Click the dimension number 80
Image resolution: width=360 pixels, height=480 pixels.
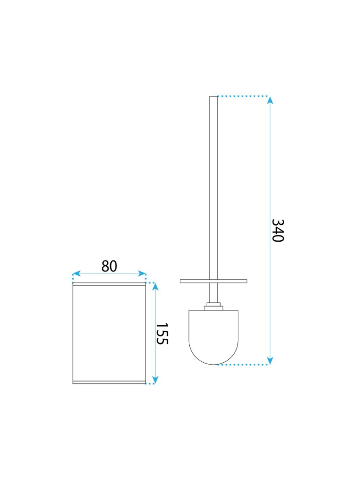coord(109,266)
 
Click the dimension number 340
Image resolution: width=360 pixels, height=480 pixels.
coord(277,231)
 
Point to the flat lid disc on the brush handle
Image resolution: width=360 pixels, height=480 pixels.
coord(213,281)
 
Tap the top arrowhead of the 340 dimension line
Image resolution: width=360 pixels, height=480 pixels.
coord(270,100)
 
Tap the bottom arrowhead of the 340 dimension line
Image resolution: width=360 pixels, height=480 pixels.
coord(270,360)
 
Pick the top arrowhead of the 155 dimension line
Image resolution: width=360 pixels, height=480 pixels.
coord(155,287)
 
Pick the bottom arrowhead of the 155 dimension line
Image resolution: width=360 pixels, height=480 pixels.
coord(155,379)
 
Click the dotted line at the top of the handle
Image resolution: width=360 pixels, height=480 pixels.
coord(243,97)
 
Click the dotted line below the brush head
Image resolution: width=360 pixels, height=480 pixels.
coord(243,365)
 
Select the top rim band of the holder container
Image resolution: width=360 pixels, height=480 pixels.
coord(109,284)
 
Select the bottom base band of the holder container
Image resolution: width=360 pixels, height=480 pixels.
coord(109,382)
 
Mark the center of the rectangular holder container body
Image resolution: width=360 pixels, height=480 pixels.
coord(109,333)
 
